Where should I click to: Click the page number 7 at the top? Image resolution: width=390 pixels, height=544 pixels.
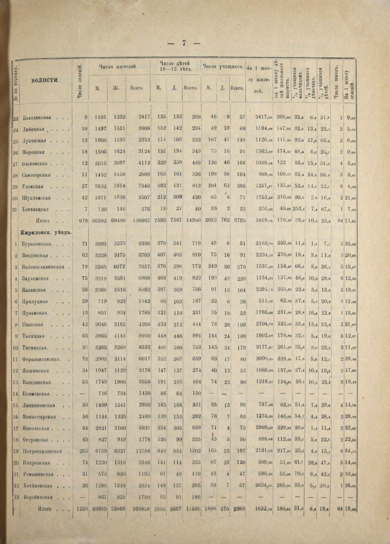[184, 43]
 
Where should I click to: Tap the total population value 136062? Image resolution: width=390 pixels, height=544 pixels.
[141, 220]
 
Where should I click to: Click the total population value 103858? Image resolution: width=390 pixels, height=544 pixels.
[141, 509]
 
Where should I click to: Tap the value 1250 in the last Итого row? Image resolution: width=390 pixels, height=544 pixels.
[81, 509]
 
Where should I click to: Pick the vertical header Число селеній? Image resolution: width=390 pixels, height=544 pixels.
[79, 81]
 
